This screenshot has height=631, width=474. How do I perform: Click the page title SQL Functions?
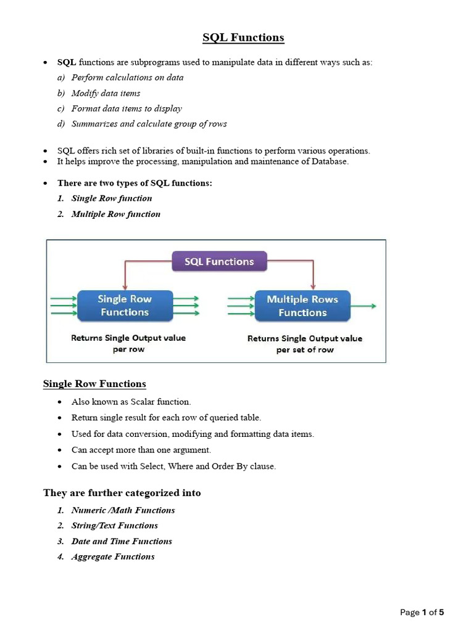coord(243,38)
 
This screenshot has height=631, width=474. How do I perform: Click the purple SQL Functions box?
coord(219,261)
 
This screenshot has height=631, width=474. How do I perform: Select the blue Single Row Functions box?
coord(124,306)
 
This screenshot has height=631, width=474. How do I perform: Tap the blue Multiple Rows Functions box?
coord(302,306)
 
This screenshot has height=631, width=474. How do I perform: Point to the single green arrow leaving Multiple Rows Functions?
coord(364,306)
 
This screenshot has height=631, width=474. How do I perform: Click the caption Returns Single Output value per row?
coord(128,343)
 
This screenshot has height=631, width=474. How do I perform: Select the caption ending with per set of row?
coord(305,344)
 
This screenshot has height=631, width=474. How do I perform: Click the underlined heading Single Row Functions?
coord(94,384)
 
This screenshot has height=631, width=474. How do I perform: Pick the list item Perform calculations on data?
coord(127,78)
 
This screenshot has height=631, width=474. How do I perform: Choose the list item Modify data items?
coord(106,93)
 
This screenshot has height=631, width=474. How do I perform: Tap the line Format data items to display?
coord(127,108)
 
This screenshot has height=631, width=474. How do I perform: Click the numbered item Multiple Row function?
coord(115,214)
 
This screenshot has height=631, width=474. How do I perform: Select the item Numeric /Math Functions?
coord(123,510)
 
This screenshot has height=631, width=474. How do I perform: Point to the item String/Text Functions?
coord(114,526)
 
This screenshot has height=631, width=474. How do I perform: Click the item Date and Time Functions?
coord(122,541)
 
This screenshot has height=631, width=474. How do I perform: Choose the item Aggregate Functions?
coord(113,556)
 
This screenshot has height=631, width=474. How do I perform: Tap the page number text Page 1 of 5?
coord(422,612)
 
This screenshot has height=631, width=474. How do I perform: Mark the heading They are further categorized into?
coord(122,493)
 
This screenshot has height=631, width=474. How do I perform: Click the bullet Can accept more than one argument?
coord(141,450)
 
